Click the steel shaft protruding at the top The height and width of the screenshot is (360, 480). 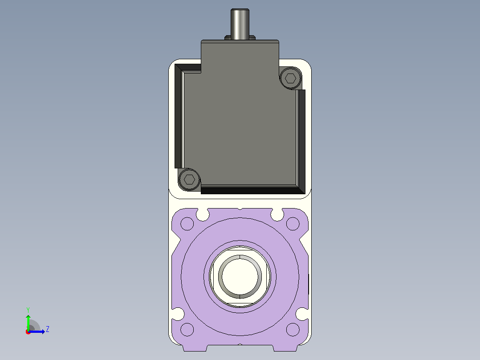point(240,24)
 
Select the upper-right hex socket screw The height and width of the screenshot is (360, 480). point(290,78)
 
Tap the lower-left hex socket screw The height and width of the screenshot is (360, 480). point(189,179)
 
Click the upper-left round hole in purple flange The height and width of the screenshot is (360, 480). point(187,224)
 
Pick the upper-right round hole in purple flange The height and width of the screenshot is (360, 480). point(293,224)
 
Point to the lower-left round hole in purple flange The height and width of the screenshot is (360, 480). point(187,330)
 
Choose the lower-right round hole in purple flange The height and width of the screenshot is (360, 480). point(293,330)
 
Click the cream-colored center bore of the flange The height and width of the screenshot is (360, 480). point(240,276)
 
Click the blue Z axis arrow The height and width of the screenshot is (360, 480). point(37,331)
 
